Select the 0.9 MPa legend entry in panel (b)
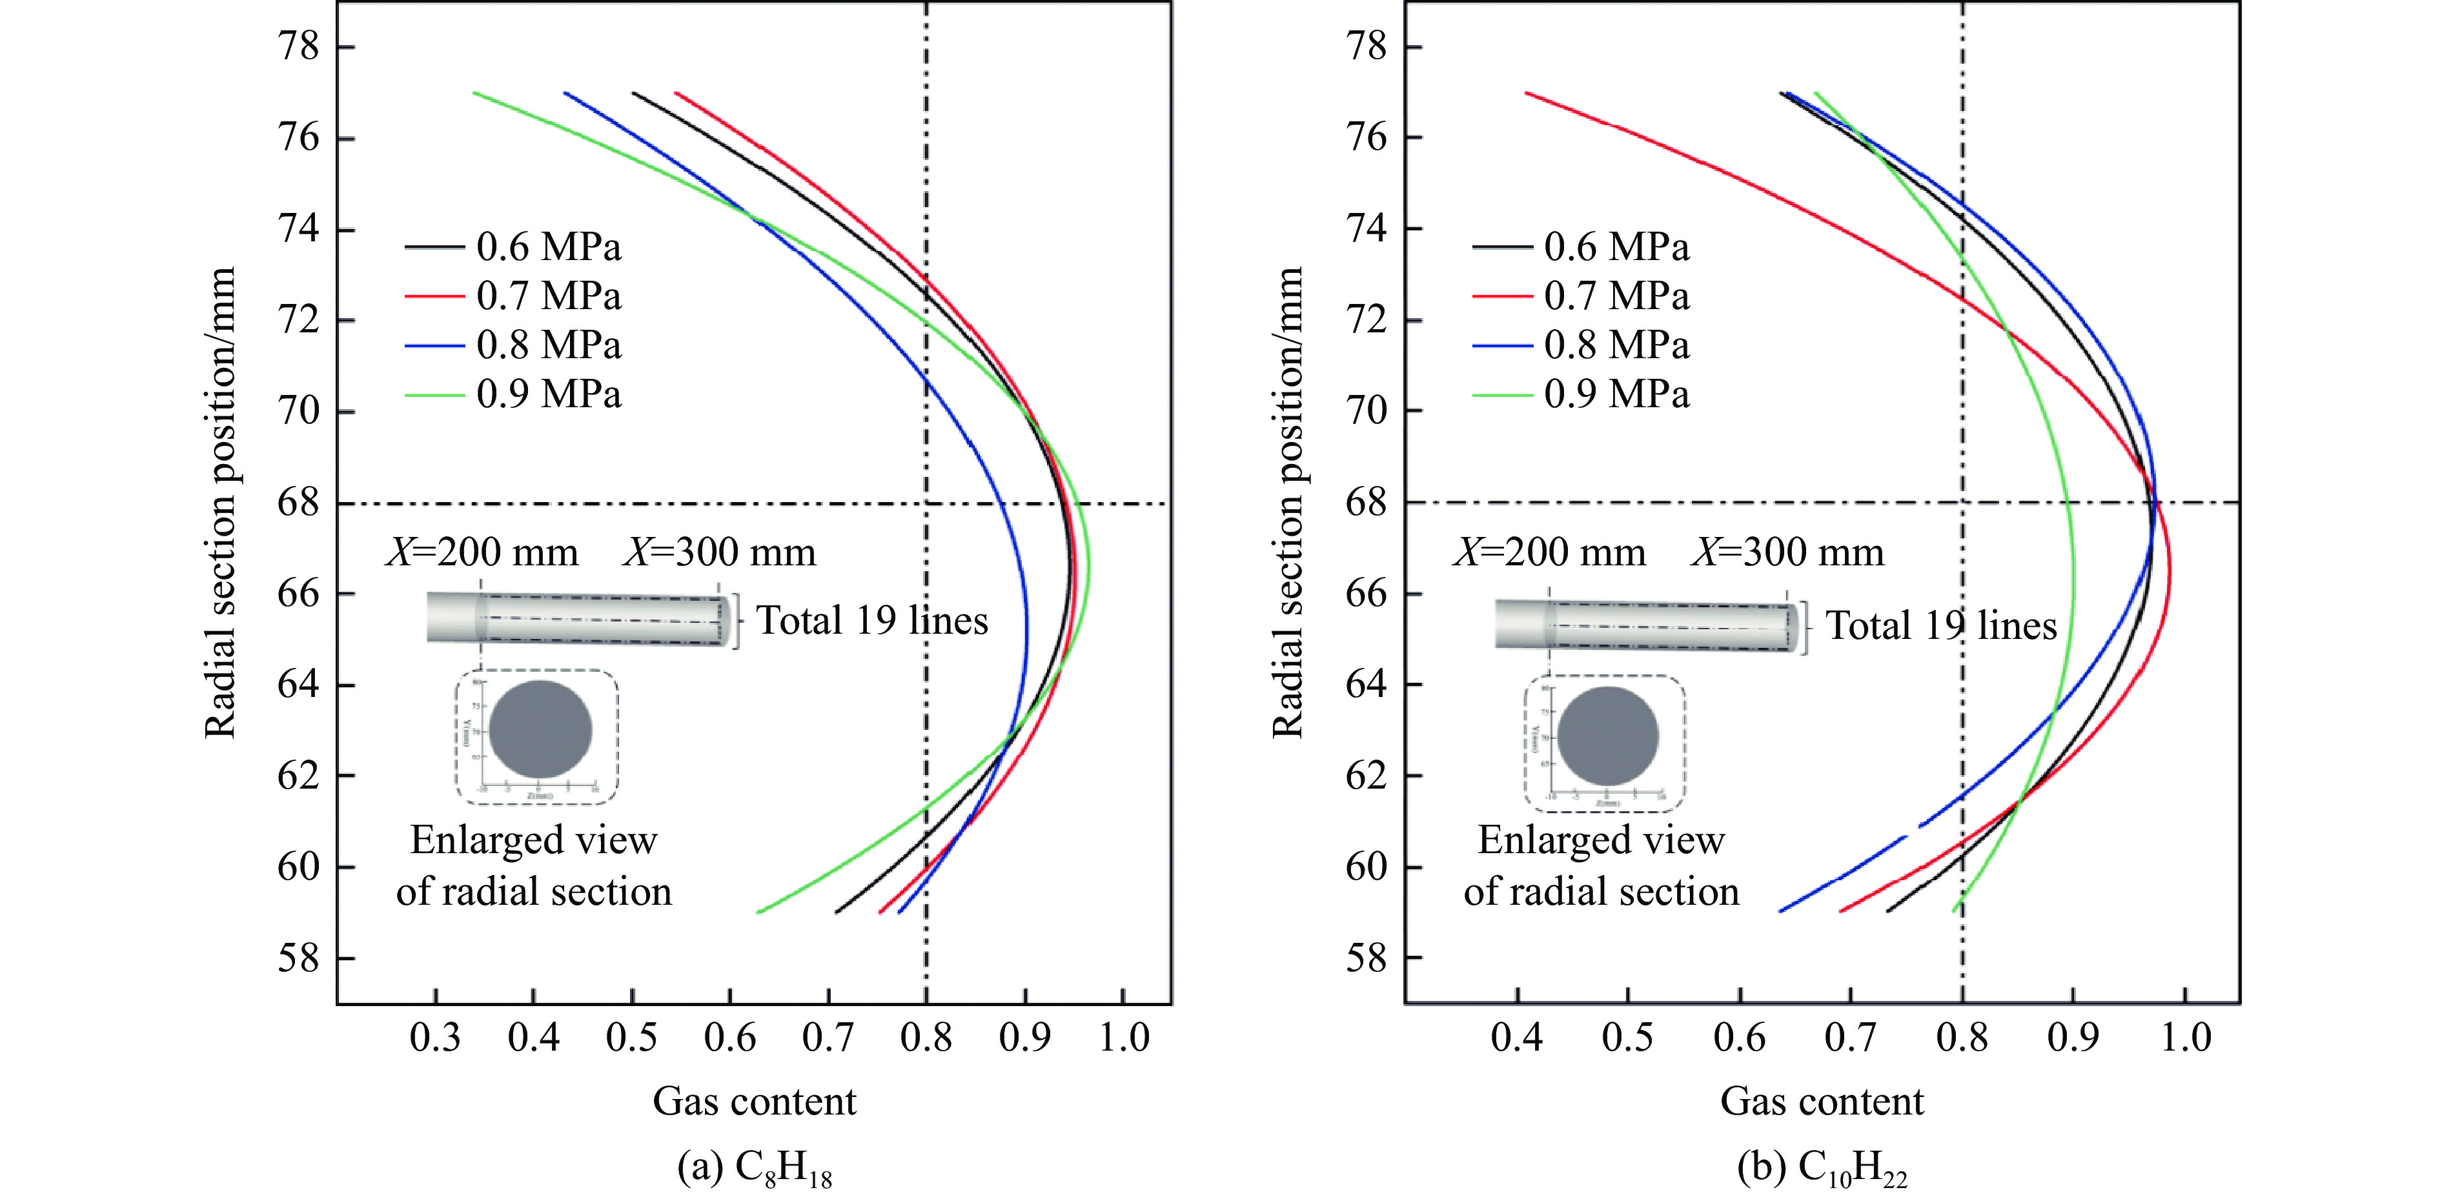pyautogui.click(x=1616, y=394)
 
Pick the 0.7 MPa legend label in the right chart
pyautogui.click(x=1616, y=296)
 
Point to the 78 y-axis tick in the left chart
pyautogui.click(x=298, y=46)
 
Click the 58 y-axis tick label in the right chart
pyautogui.click(x=1366, y=958)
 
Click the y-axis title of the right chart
pyautogui.click(x=1288, y=502)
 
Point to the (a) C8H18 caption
pyautogui.click(x=754, y=1169)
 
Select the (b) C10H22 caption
pyautogui.click(x=1822, y=1169)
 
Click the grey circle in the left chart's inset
pyautogui.click(x=541, y=731)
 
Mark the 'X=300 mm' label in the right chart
pyautogui.click(x=1787, y=552)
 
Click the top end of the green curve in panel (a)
pyautogui.click(x=474, y=93)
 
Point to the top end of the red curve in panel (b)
pyautogui.click(x=1526, y=93)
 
